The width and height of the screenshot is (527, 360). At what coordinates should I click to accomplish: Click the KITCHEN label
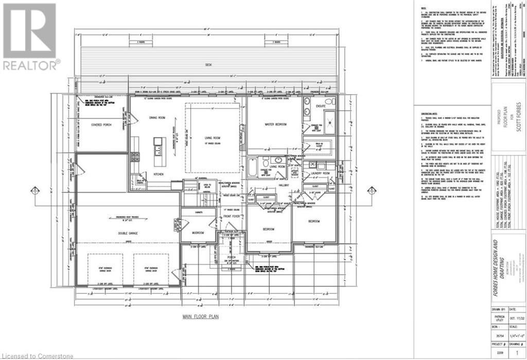point(158,174)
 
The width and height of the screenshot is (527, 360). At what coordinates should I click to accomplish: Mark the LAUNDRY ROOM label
point(319,173)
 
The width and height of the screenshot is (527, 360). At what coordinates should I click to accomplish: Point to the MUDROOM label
point(198,232)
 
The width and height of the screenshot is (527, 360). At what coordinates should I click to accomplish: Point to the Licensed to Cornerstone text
point(38,355)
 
